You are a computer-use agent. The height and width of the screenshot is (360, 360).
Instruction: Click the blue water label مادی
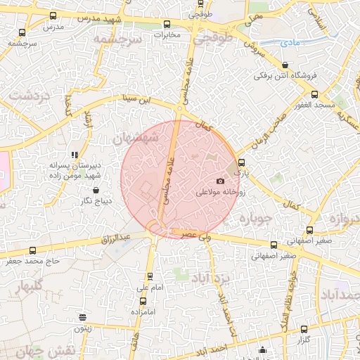coord(288,43)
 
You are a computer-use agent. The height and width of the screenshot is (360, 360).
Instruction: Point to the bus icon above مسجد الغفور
coord(314,94)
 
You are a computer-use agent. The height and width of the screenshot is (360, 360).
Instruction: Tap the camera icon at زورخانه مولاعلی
coord(221,181)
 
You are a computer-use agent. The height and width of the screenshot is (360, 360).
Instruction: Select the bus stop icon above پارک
coord(242,162)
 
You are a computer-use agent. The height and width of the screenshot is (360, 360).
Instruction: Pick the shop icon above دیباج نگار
coord(95,190)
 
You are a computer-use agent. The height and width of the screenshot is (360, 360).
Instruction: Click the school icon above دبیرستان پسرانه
coord(75,155)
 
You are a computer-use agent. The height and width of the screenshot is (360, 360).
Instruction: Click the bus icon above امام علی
coord(149,277)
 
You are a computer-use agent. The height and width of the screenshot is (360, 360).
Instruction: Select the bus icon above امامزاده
coord(143,301)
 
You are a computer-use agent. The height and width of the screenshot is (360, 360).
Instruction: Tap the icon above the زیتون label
coord(83,318)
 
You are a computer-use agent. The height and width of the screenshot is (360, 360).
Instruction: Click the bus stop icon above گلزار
coord(304,329)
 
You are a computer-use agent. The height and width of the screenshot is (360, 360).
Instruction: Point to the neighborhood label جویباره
coord(255,219)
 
